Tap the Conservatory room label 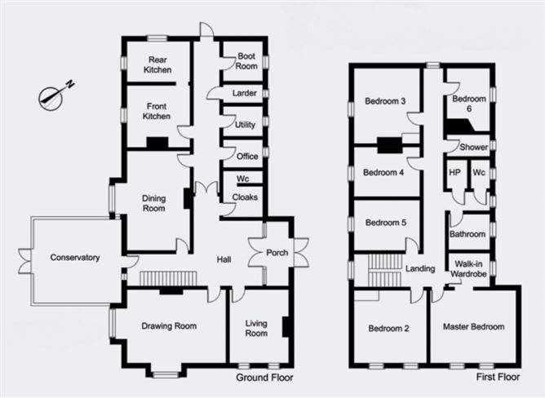pos(75,258)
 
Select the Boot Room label pos(246,61)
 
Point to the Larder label pos(244,93)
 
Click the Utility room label pos(245,125)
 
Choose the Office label pos(247,157)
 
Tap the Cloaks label pos(245,197)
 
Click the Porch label pos(277,253)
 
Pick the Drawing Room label pos(169,326)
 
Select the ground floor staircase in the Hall pos(168,278)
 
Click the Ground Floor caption pos(264,378)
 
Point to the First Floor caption pos(498,377)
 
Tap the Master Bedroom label pos(473,327)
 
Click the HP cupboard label pos(454,172)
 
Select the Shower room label pos(473,147)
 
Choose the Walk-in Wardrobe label pos(468,268)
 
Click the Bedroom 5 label pos(385,223)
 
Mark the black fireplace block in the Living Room pos(286,326)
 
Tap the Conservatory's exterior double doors pos(24,261)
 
